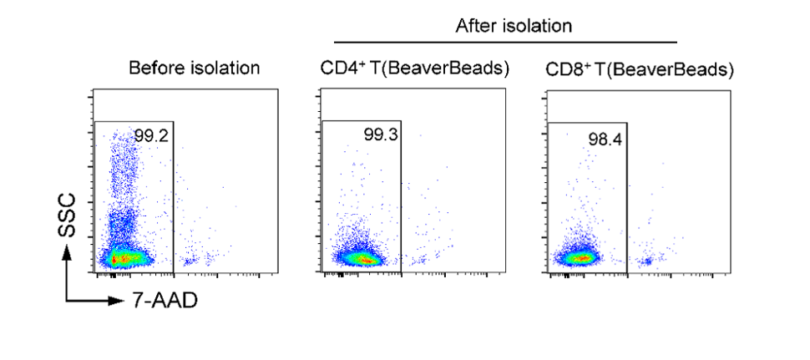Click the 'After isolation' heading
513,26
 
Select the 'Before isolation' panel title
194,68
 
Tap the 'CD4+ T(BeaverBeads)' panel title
414,68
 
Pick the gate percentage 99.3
380,134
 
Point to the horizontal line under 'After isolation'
505,41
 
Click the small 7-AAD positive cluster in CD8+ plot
645,261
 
